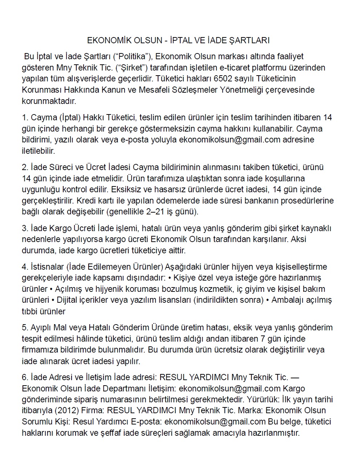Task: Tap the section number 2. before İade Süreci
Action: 25,168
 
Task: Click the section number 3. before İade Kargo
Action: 25,228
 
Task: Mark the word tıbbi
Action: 30,311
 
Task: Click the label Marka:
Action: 250,411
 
